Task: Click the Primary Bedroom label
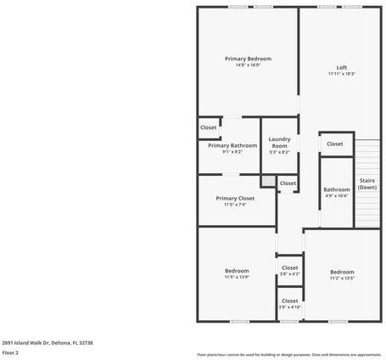point(248,59)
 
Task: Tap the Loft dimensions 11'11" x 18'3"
point(342,74)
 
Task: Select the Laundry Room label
point(279,143)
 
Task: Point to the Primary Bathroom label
point(232,145)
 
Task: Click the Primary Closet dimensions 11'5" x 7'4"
point(235,204)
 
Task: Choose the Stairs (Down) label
point(367,183)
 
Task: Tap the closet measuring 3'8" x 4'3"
point(289,270)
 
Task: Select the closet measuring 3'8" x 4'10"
point(289,303)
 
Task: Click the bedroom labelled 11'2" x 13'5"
point(342,273)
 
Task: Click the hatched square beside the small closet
point(268,181)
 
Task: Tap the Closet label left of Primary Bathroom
point(208,127)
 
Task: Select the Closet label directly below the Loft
point(335,143)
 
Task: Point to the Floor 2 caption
point(10,352)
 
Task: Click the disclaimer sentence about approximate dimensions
point(289,354)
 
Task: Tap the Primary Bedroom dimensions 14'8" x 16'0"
point(248,65)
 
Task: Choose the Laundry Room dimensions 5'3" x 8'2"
point(279,152)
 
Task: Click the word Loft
point(342,67)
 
